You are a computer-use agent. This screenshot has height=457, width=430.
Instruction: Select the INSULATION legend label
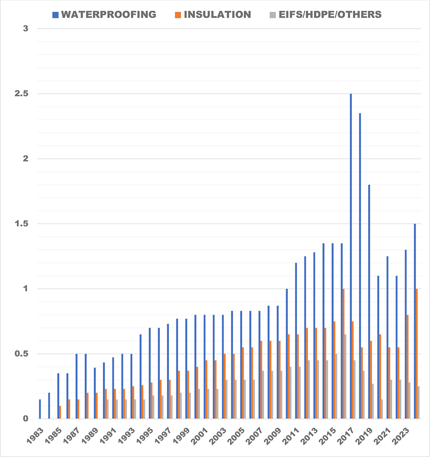213,14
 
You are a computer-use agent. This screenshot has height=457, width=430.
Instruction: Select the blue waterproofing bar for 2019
369,301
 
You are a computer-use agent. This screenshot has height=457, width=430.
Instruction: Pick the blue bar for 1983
40,409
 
